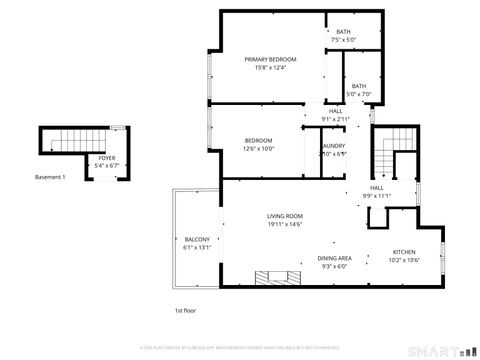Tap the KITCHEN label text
click(404, 251)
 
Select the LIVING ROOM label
click(284, 216)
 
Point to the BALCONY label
click(197, 240)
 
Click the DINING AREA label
click(334, 257)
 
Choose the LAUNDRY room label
click(333, 146)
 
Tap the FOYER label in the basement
click(105, 158)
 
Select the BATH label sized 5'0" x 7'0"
click(358, 86)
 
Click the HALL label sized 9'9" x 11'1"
click(377, 188)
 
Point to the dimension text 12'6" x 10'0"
click(259, 148)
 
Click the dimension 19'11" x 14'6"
click(284, 224)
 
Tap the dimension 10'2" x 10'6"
click(404, 259)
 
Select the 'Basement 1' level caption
click(50, 177)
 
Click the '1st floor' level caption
click(185, 310)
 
